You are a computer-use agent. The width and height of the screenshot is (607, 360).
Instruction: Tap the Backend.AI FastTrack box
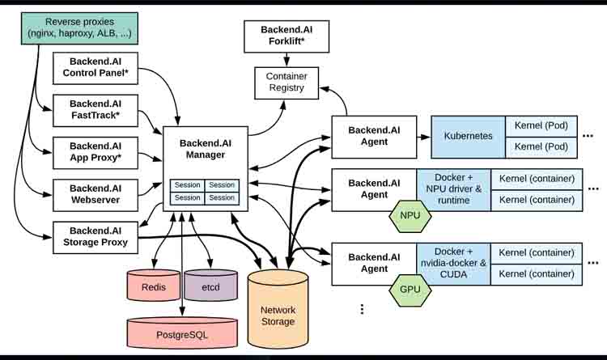click(x=96, y=110)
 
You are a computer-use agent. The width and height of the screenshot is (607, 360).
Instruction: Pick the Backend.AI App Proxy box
click(x=96, y=151)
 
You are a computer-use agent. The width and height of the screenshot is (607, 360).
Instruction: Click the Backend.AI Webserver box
click(x=96, y=193)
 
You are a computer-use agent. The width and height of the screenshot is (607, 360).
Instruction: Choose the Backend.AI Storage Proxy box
click(x=96, y=235)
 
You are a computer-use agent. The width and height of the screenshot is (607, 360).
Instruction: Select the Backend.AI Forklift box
click(x=286, y=36)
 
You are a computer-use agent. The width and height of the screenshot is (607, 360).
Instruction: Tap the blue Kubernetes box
click(x=468, y=136)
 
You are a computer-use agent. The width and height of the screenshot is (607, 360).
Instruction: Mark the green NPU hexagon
click(x=410, y=216)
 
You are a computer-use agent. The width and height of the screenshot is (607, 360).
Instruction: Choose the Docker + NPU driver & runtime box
click(x=452, y=189)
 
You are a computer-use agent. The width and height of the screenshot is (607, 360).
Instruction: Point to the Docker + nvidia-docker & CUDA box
click(x=452, y=263)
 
